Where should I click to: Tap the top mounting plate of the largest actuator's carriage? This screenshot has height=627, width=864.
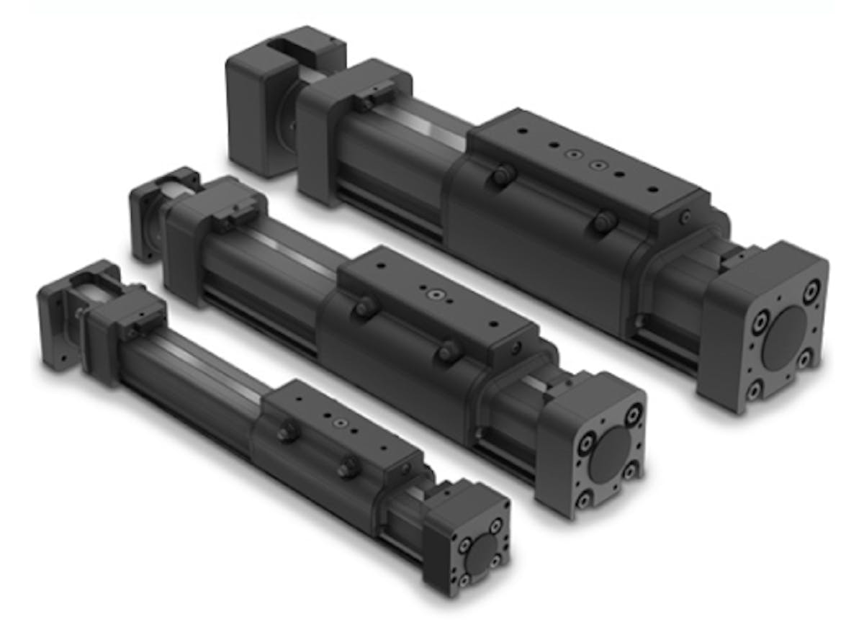pos(583,165)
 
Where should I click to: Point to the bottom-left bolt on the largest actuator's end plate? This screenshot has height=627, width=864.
pos(755,389)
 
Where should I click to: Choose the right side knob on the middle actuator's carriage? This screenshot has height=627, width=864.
pos(449,352)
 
